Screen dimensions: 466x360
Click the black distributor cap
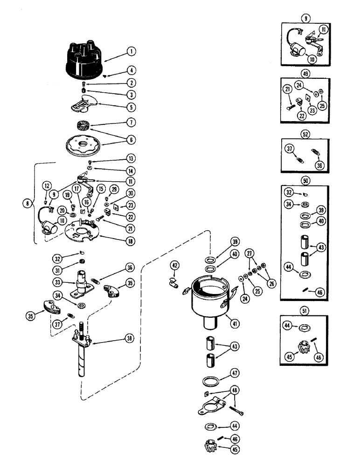click(x=83, y=59)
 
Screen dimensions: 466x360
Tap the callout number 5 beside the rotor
click(x=132, y=107)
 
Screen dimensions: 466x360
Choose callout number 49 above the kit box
click(x=305, y=73)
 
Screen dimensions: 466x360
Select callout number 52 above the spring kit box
click(x=305, y=134)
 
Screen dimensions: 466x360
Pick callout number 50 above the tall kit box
click(x=305, y=179)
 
